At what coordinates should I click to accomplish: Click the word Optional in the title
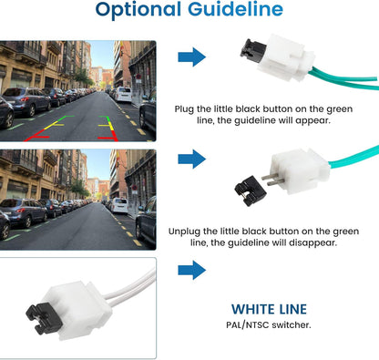coord(138,10)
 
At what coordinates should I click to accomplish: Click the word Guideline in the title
coord(235,8)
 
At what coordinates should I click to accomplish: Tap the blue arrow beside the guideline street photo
coord(192,57)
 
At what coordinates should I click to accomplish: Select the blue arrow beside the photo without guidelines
coord(192,159)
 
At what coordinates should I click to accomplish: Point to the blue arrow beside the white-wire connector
coord(192,270)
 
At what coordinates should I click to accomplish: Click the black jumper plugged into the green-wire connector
coord(252,51)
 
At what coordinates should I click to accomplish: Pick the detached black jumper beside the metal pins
coord(250,190)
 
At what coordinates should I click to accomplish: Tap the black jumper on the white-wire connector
coord(45,318)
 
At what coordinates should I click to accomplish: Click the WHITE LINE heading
coord(269,309)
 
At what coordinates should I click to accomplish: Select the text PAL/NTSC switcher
coord(269,325)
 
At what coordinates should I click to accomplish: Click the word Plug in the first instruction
coord(184,109)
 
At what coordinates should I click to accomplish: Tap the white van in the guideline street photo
coord(123,94)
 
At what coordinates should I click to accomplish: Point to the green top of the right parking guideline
coord(105,118)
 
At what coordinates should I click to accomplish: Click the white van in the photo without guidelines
coord(119,206)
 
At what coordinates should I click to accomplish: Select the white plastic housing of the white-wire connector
coord(78,311)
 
